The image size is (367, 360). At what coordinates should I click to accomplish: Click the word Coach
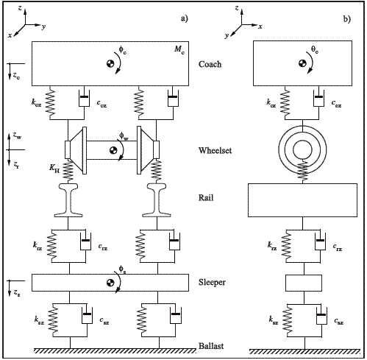click(x=210, y=64)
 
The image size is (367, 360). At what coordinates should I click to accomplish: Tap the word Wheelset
click(x=215, y=150)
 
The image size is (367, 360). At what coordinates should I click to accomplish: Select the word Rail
click(x=206, y=197)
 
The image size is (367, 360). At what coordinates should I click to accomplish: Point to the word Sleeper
click(x=212, y=282)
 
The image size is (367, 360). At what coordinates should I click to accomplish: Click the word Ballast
click(x=211, y=346)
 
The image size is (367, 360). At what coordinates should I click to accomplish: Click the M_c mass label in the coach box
click(x=179, y=49)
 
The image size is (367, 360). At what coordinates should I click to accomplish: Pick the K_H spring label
click(x=54, y=169)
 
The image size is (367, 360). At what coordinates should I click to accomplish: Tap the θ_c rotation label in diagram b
click(x=315, y=49)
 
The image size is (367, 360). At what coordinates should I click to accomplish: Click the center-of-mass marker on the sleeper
click(x=110, y=283)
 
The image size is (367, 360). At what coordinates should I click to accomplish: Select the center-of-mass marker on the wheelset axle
click(x=113, y=150)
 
